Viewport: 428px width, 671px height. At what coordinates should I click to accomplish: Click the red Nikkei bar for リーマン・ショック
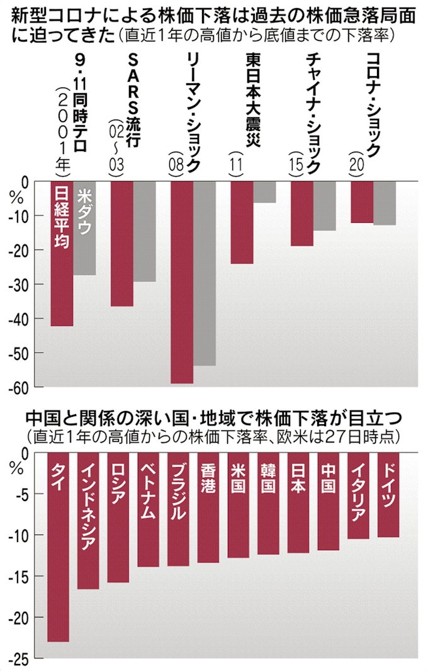[182, 283]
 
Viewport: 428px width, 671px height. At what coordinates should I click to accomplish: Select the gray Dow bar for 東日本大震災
[264, 192]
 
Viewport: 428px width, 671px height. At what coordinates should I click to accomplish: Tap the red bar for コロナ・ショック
[362, 201]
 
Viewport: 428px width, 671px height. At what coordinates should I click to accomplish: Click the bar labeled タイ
[58, 548]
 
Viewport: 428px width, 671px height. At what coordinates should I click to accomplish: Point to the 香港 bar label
[208, 478]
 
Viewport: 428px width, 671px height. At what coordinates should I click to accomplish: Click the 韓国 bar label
[268, 478]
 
